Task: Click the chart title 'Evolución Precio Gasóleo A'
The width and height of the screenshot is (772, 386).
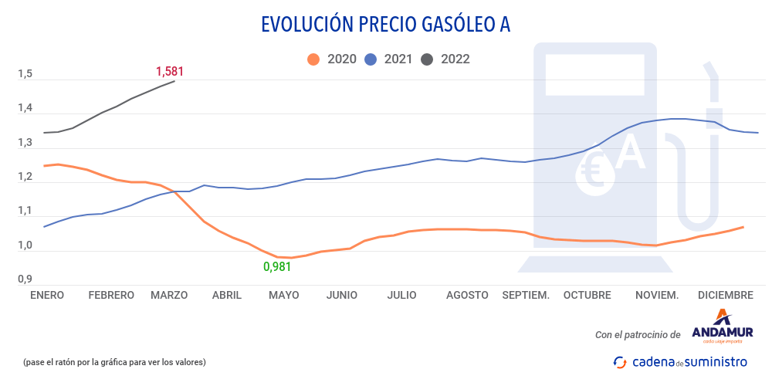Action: point(386,25)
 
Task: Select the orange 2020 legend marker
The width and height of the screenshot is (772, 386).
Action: point(313,59)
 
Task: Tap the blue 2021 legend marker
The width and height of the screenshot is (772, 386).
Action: point(370,59)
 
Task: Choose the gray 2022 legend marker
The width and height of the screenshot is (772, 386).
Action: point(427,59)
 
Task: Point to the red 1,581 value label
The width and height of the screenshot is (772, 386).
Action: point(170,72)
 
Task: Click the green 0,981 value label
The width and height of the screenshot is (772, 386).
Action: point(278,267)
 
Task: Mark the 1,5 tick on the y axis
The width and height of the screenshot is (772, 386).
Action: point(25,75)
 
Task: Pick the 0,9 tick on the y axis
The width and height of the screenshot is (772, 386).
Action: point(25,280)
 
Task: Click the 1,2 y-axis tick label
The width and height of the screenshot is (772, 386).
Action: point(25,178)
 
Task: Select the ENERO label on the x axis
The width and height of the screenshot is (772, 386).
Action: point(46,295)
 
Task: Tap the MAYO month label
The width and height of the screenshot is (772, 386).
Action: point(283,295)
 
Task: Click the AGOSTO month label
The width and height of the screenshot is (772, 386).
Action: point(467,295)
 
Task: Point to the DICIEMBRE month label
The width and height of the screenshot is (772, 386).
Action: point(725,295)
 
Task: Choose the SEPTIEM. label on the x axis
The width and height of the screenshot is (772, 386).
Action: point(526,295)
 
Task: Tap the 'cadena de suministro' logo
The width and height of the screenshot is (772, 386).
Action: point(680,361)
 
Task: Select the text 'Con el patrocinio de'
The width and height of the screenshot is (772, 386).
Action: point(638,335)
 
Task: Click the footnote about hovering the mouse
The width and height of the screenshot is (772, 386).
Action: point(114,361)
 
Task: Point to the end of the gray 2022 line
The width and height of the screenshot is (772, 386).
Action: point(174,81)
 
